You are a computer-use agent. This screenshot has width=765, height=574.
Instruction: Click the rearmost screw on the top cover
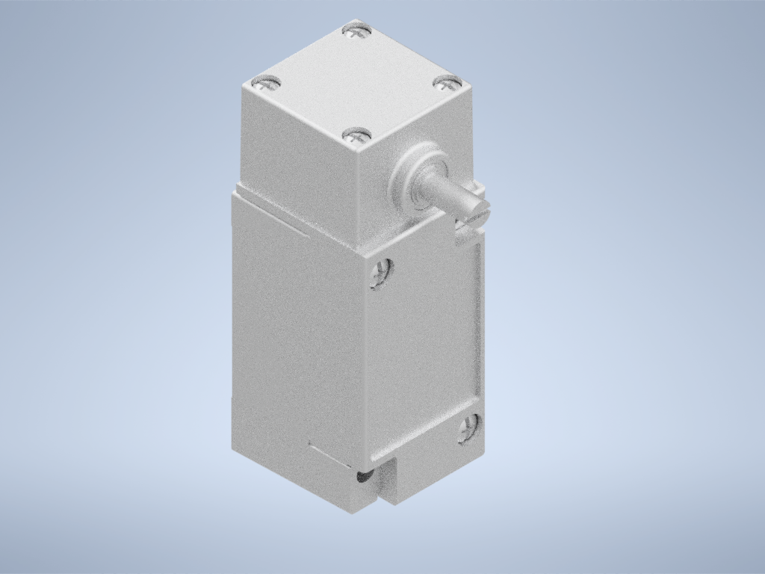356,31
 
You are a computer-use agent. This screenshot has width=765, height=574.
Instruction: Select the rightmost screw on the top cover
447,82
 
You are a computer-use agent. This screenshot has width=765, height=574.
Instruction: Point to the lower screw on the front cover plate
470,427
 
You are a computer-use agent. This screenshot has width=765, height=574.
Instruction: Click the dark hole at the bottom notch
364,475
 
